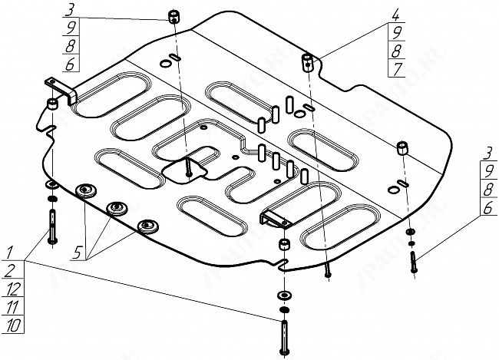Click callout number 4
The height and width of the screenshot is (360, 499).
pyautogui.click(x=374, y=15)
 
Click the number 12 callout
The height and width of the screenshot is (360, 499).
pyautogui.click(x=11, y=290)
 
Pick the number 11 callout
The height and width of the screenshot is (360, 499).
pyautogui.click(x=11, y=309)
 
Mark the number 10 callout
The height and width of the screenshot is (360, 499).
pyautogui.click(x=11, y=328)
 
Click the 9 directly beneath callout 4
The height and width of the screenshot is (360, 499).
pyautogui.click(x=374, y=33)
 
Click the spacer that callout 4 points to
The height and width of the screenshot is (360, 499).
pyautogui.click(x=307, y=61)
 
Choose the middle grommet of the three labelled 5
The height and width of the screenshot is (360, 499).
pyautogui.click(x=117, y=208)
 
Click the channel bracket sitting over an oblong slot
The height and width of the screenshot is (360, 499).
pyautogui.click(x=276, y=217)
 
